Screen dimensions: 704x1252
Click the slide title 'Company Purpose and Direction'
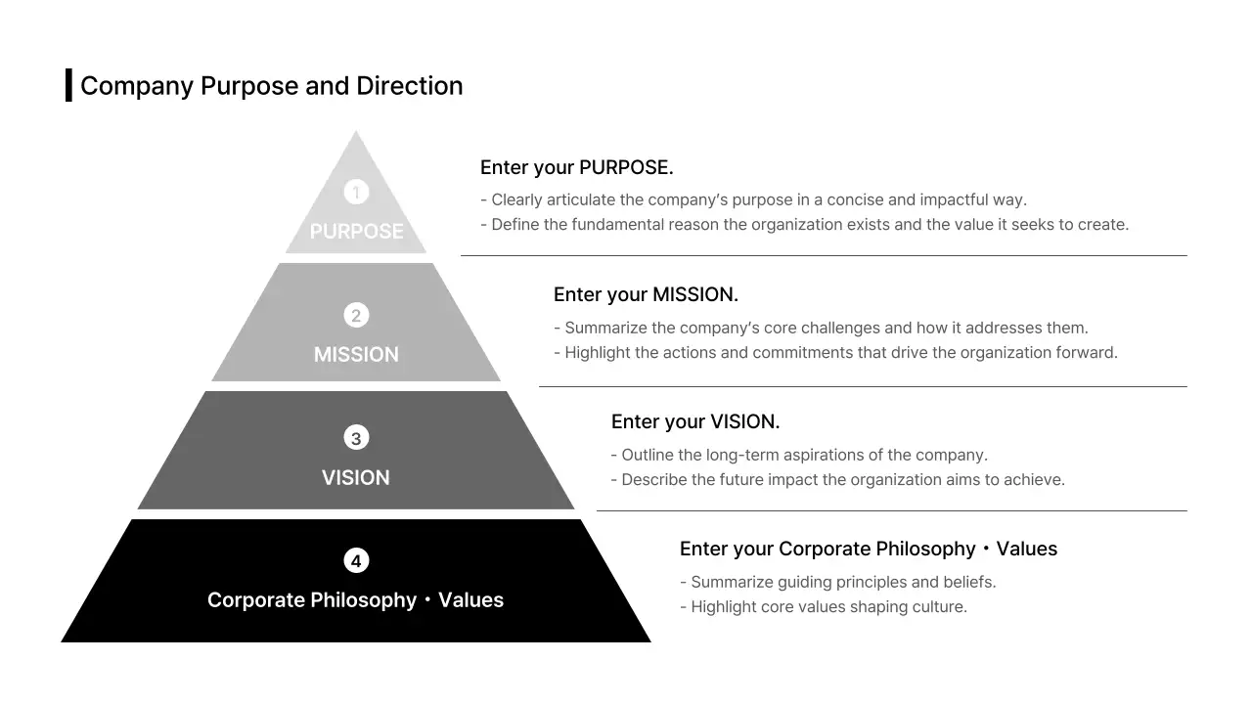tap(271, 86)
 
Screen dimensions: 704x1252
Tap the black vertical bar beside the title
tap(68, 85)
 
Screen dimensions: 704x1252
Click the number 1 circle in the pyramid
tap(356, 192)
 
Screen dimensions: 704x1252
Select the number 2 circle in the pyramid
tap(356, 315)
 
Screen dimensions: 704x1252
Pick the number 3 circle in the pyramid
tap(356, 438)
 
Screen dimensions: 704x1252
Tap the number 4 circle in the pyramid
tap(356, 560)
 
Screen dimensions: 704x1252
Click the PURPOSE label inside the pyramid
tap(356, 232)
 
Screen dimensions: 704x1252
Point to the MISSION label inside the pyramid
tap(356, 355)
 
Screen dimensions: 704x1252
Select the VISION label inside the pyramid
tap(356, 478)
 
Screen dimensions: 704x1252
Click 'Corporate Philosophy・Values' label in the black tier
tap(356, 600)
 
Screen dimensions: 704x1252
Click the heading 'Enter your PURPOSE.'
tap(576, 167)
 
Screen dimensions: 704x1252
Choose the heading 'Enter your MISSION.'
tap(646, 294)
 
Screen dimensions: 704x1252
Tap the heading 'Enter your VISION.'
tap(695, 421)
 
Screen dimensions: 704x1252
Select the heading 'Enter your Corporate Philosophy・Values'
tap(869, 549)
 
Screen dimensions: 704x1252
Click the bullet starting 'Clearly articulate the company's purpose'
tap(753, 200)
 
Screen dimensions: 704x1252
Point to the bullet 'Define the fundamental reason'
tap(804, 225)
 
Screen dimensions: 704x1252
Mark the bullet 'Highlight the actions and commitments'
tap(835, 352)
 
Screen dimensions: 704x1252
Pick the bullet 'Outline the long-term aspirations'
tap(799, 455)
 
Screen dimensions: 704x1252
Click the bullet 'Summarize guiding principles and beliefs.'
tap(838, 582)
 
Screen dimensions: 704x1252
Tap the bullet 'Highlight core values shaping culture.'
tap(824, 606)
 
